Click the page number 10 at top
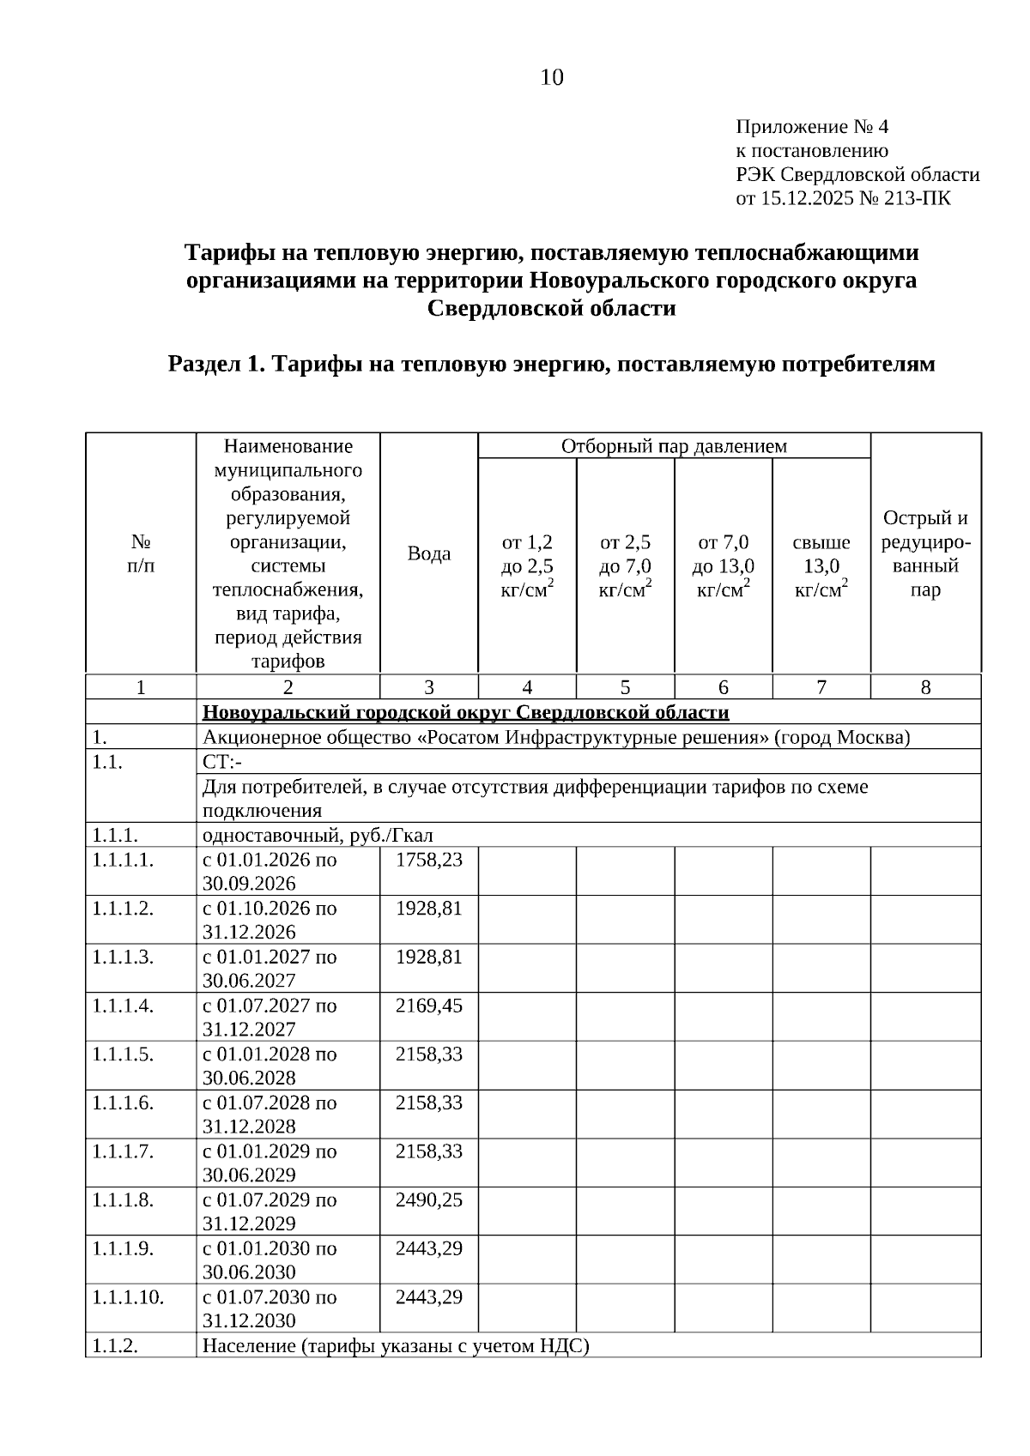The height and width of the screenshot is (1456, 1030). [552, 78]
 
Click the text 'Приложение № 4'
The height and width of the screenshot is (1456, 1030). [812, 128]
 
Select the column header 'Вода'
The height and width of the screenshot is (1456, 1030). [428, 553]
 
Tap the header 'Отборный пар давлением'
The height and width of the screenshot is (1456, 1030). [674, 446]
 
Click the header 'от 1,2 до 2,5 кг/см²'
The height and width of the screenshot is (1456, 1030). [527, 566]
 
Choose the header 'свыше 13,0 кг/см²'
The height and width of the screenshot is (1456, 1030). [821, 566]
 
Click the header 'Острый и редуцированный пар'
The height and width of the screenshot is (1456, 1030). [925, 553]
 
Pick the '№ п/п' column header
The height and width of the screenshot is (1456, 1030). [141, 553]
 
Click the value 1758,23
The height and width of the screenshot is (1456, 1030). [428, 860]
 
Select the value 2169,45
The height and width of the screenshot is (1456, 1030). [428, 1006]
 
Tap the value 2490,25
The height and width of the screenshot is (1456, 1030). [428, 1199]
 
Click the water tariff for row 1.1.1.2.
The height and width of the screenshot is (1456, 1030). [428, 908]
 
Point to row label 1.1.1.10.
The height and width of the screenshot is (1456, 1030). [128, 1296]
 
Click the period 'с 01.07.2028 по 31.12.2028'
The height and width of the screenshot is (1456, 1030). [270, 1114]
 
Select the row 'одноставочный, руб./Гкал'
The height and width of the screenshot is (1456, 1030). [318, 836]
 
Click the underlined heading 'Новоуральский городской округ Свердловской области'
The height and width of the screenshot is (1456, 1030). [465, 713]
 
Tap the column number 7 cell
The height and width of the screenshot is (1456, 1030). [821, 687]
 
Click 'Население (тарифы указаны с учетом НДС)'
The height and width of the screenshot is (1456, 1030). [396, 1345]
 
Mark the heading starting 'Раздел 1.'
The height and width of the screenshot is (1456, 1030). [551, 365]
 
